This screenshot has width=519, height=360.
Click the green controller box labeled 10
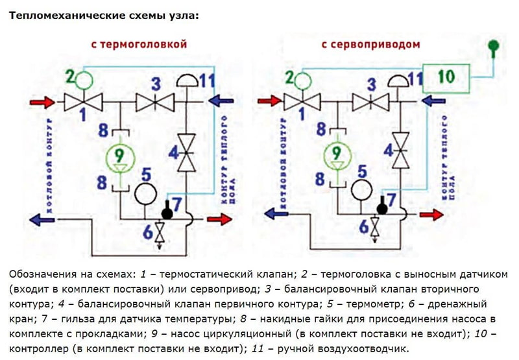(x=446, y=77)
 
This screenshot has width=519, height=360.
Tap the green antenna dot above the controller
(x=494, y=45)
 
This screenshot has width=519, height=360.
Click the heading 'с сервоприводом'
(x=370, y=45)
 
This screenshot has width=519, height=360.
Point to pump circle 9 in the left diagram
(x=119, y=156)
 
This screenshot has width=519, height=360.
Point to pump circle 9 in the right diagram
(x=336, y=154)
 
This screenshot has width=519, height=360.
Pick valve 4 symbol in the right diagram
(x=403, y=149)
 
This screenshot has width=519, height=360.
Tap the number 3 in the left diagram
(x=155, y=84)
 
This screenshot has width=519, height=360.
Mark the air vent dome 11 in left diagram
(x=186, y=81)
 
